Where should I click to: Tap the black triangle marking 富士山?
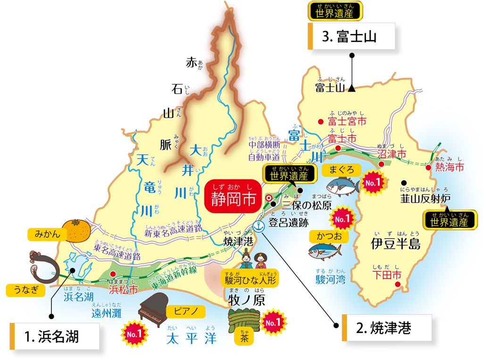click(x=352, y=87)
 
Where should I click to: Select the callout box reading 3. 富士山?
click(x=351, y=37)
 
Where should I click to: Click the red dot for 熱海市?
click(x=428, y=167)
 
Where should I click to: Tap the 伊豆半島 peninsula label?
click(x=395, y=244)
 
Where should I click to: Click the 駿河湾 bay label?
click(x=330, y=280)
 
